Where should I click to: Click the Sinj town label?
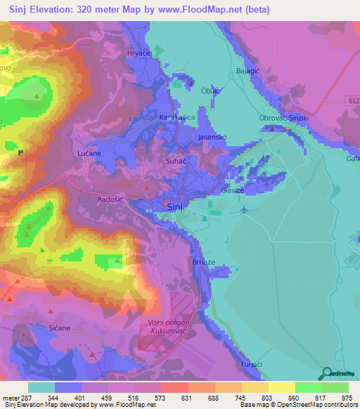[176, 207]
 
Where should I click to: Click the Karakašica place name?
[177, 117]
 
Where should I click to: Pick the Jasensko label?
[212, 137]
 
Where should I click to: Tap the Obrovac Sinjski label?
[284, 117]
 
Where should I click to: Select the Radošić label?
[110, 200]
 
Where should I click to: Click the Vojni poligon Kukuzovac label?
[168, 327]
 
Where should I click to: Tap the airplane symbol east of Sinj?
[244, 209]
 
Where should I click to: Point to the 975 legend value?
[348, 398]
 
